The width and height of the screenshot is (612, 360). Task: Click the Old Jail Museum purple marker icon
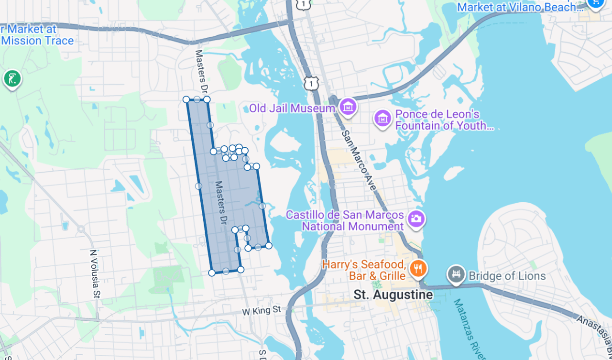coord(348,108)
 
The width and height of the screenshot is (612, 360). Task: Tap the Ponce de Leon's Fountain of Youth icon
coord(382,117)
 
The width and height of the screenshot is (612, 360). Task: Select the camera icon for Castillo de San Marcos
coord(416,219)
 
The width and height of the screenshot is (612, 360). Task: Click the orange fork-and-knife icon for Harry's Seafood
coord(418,269)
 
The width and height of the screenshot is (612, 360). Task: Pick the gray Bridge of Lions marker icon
coord(456,275)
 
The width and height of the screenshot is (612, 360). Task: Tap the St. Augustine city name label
coord(393,295)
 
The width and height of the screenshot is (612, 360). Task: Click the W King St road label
coord(261,311)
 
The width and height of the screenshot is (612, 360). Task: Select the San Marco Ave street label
coord(359,160)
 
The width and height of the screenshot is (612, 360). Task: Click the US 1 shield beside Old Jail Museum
coord(311,84)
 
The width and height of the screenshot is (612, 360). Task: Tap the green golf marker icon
coord(12,79)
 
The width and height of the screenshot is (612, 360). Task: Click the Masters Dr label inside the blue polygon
coord(219,202)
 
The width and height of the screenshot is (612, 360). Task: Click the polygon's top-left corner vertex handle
coord(186,99)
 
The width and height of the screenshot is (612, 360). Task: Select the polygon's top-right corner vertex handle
coord(207,99)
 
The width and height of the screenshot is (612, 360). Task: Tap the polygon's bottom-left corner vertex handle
coord(212,273)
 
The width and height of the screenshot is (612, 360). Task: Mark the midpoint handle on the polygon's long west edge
coord(198,186)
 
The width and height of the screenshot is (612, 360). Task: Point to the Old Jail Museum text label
coord(292,109)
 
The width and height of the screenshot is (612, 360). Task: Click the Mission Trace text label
coord(37,41)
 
